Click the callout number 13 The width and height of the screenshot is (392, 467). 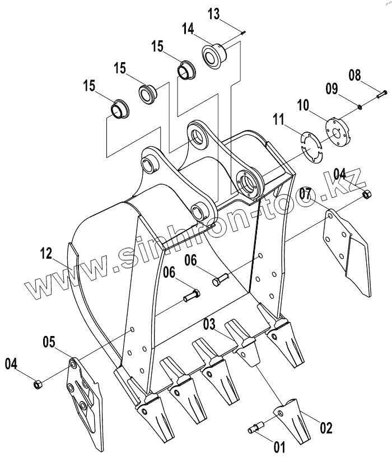[x=213, y=14]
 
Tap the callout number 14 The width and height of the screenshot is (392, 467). [x=188, y=29]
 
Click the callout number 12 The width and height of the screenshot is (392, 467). [x=46, y=254]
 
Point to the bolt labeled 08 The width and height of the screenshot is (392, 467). [x=382, y=94]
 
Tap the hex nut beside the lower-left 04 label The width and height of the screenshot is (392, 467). [x=38, y=385]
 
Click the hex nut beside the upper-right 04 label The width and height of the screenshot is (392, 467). [x=367, y=194]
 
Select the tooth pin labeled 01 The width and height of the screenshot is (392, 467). [x=255, y=428]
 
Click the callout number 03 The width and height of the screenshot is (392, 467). [x=209, y=324]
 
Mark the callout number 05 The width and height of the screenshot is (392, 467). [x=49, y=342]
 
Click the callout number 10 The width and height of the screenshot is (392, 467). [x=303, y=106]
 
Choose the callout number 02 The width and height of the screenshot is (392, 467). [x=326, y=428]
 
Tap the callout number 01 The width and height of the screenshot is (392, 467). [x=279, y=447]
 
